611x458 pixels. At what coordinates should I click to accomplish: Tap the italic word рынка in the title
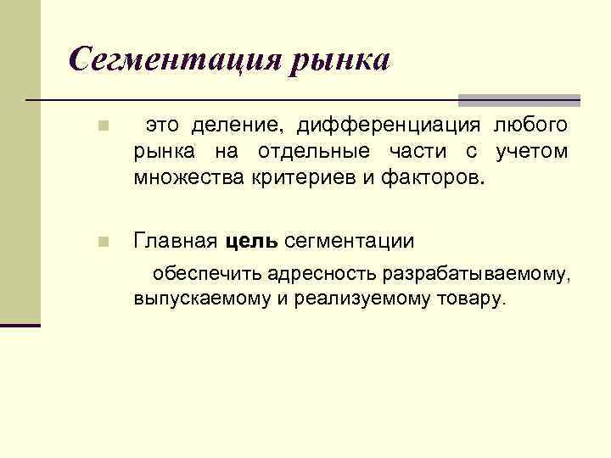[x=341, y=59]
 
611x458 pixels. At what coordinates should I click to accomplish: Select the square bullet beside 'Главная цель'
[x=102, y=243]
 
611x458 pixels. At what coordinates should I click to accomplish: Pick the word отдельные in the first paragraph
[x=291, y=153]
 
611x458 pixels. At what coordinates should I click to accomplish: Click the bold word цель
[x=252, y=242]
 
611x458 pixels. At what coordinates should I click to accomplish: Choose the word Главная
[x=176, y=242]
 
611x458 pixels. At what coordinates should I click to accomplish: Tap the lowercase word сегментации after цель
[x=350, y=242]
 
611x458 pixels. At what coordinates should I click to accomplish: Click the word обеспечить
[x=206, y=274]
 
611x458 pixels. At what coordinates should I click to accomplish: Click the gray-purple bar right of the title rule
[x=519, y=100]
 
